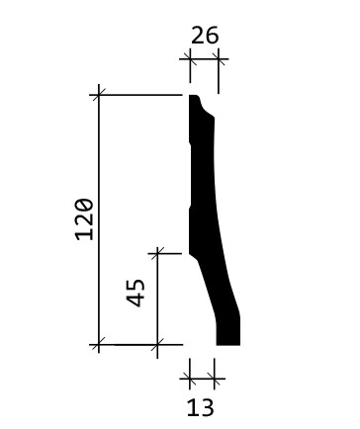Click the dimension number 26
(205, 36)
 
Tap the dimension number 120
(85, 219)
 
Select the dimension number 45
(135, 293)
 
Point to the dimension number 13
(201, 407)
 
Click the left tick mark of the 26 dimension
(190, 59)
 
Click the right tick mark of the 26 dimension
(219, 59)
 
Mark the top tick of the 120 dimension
(99, 95)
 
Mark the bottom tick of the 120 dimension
(99, 345)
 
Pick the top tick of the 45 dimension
(157, 253)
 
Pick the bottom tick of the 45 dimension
(157, 345)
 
